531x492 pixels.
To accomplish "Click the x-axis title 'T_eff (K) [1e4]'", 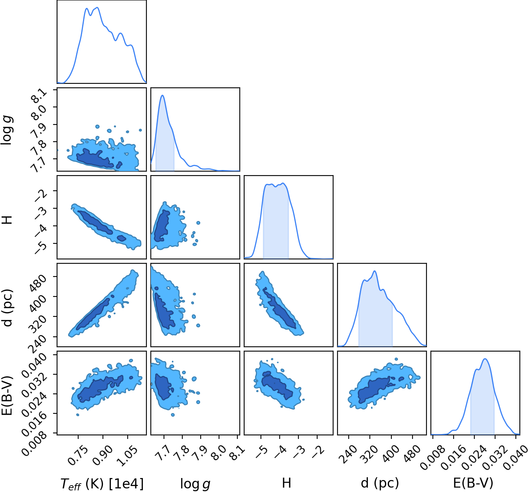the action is pos(102,484).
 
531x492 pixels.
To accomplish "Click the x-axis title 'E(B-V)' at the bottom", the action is pos(473,483).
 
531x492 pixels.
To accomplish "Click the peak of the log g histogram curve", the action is pos(162,95).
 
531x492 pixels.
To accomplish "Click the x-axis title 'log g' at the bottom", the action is pos(195,484).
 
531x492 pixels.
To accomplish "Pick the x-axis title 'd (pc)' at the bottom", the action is pos(380,484).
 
